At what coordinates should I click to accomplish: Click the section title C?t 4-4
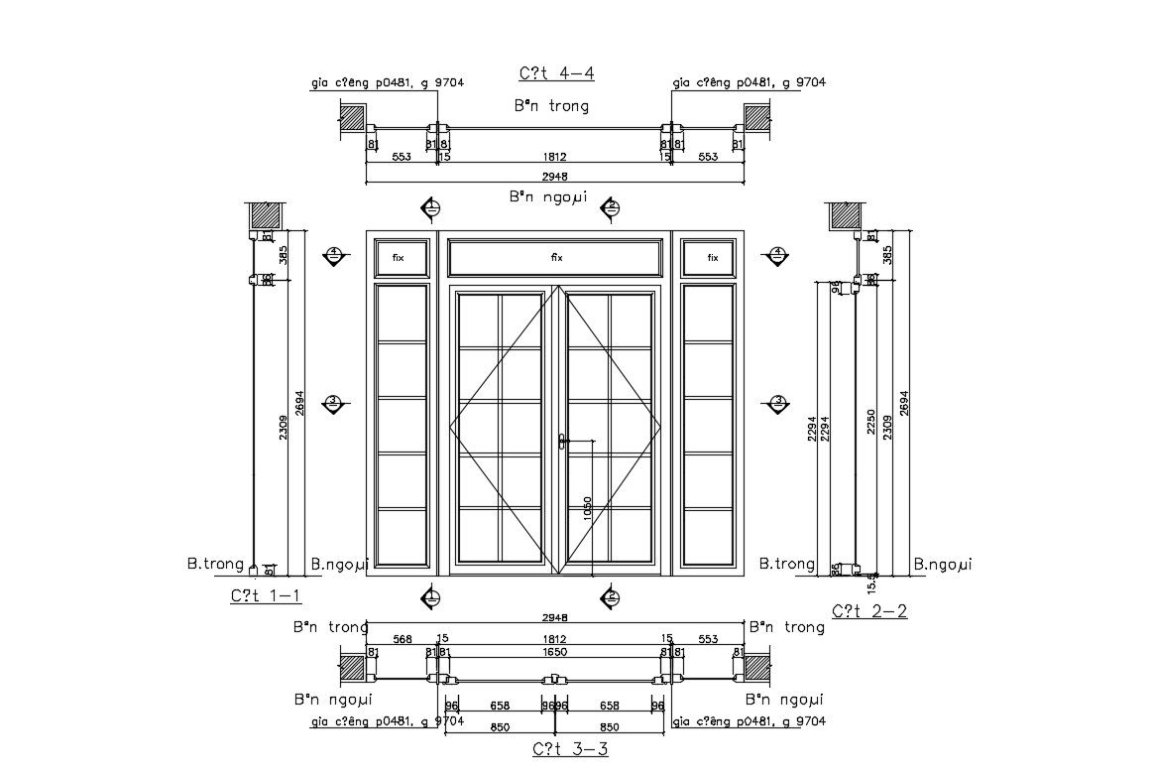[556, 73]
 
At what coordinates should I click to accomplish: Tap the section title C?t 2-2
[869, 611]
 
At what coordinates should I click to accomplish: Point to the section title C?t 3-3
[570, 749]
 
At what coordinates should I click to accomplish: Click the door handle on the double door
[562, 442]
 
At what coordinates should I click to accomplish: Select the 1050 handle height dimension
[587, 507]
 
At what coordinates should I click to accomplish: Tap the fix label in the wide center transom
[556, 257]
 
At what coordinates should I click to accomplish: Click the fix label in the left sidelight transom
[399, 257]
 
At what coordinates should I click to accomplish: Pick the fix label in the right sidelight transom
[712, 257]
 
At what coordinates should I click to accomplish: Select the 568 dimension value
[403, 639]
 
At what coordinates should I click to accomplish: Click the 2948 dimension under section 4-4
[555, 177]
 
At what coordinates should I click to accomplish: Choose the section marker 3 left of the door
[334, 402]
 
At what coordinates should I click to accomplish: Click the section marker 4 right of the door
[778, 256]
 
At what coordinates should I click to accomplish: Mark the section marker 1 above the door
[431, 208]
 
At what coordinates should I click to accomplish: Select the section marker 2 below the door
[612, 596]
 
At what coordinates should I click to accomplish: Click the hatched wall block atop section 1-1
[264, 215]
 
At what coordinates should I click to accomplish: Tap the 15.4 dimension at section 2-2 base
[872, 581]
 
